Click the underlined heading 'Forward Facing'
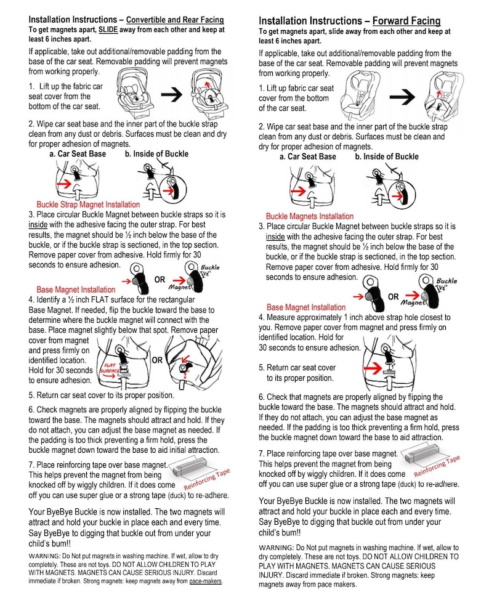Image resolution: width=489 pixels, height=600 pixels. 406,21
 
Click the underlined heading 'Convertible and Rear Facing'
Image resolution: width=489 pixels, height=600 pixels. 175,20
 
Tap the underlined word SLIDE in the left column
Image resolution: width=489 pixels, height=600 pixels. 108,30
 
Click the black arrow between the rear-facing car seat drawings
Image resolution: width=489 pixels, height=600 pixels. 171,94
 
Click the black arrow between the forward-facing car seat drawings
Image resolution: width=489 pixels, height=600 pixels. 402,97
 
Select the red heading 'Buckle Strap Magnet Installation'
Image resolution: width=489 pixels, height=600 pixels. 88,205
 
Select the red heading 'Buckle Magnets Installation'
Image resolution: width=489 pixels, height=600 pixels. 310,216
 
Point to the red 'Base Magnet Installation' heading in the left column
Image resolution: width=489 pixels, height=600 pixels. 76,290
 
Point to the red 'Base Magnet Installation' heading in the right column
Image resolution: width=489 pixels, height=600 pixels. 306,307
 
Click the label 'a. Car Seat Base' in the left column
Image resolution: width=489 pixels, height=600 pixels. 78,154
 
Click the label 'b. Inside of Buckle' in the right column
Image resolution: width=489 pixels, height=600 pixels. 387,156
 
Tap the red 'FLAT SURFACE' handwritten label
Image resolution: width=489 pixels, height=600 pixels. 110,368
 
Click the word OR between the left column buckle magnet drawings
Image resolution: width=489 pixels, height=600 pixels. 160,280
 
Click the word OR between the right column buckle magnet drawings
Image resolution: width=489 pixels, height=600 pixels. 394,296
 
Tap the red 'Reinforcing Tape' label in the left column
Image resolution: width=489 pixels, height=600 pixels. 207,479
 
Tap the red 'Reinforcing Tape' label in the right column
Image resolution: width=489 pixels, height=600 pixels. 437,465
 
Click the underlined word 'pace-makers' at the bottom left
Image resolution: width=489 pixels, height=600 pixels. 206,581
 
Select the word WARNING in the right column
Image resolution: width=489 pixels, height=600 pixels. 276,548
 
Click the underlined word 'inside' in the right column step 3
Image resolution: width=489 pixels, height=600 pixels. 275,237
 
